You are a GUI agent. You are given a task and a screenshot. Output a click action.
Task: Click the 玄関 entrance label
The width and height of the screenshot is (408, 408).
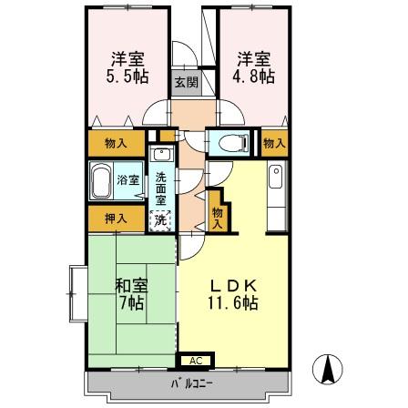point(182,78)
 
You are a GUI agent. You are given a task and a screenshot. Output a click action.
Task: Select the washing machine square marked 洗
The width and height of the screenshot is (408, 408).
point(159,219)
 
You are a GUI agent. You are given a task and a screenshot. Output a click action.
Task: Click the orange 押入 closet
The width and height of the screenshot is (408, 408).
point(116,219)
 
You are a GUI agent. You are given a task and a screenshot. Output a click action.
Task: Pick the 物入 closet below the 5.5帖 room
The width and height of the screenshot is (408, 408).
point(116,143)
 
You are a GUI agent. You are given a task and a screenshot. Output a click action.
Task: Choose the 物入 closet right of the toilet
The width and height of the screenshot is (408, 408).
point(273,143)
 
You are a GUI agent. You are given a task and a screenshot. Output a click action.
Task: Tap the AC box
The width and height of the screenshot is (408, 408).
point(193,360)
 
